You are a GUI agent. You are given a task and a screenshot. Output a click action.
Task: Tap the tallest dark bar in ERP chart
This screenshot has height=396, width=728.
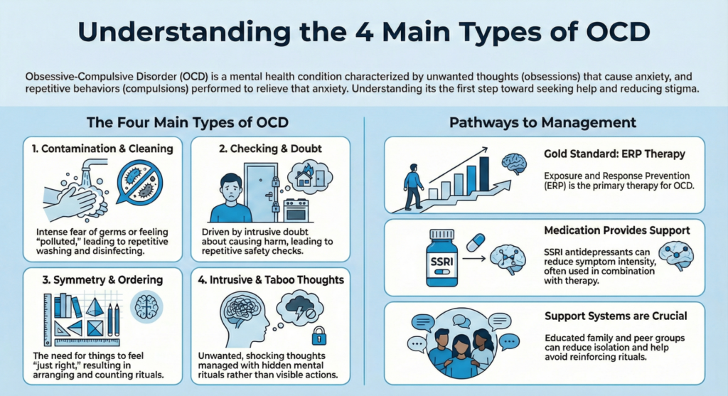(x=485, y=175)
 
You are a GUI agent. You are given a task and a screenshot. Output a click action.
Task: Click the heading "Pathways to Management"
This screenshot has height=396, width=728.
(x=542, y=123)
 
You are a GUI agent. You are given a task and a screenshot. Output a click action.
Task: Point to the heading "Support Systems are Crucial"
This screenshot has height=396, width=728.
(x=614, y=315)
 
